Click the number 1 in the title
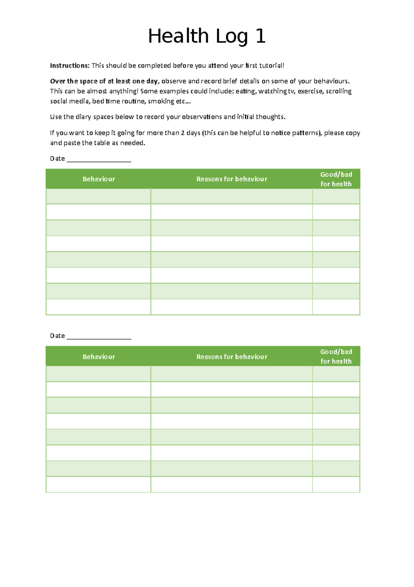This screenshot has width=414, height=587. point(260,36)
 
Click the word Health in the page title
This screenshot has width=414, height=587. point(178,36)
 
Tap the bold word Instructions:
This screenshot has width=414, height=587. point(70,66)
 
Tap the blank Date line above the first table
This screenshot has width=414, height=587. point(99,159)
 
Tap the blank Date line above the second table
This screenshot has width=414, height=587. point(99,336)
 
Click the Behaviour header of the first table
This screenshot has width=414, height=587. point(99,179)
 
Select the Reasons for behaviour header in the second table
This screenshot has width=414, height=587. point(232,357)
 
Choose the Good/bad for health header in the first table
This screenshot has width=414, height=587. point(336,179)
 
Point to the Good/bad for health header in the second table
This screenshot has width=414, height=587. point(336,356)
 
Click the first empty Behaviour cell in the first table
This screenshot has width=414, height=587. point(98,196)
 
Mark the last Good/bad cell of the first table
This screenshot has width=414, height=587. point(336,307)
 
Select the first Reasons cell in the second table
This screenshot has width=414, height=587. point(231,374)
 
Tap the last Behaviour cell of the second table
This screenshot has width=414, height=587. point(98,484)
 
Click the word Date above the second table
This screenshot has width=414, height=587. point(57,336)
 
